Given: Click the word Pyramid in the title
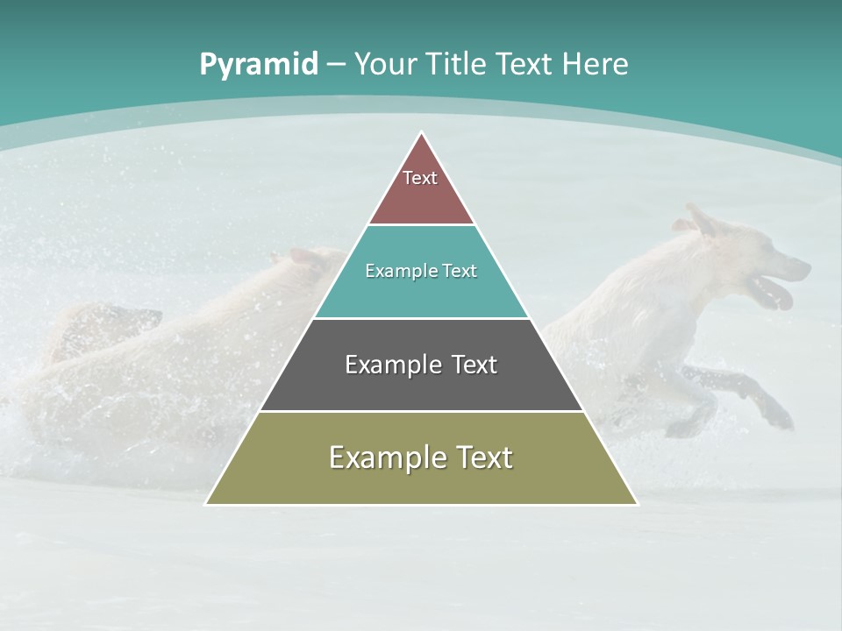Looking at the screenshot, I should [x=258, y=65].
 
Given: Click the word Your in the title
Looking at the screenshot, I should [x=386, y=64].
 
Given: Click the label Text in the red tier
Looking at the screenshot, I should [x=420, y=178].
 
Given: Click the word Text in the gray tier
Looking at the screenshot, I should [x=469, y=365].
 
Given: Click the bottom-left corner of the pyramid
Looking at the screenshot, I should [x=207, y=503].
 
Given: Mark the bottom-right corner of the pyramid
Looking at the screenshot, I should [x=636, y=503].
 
